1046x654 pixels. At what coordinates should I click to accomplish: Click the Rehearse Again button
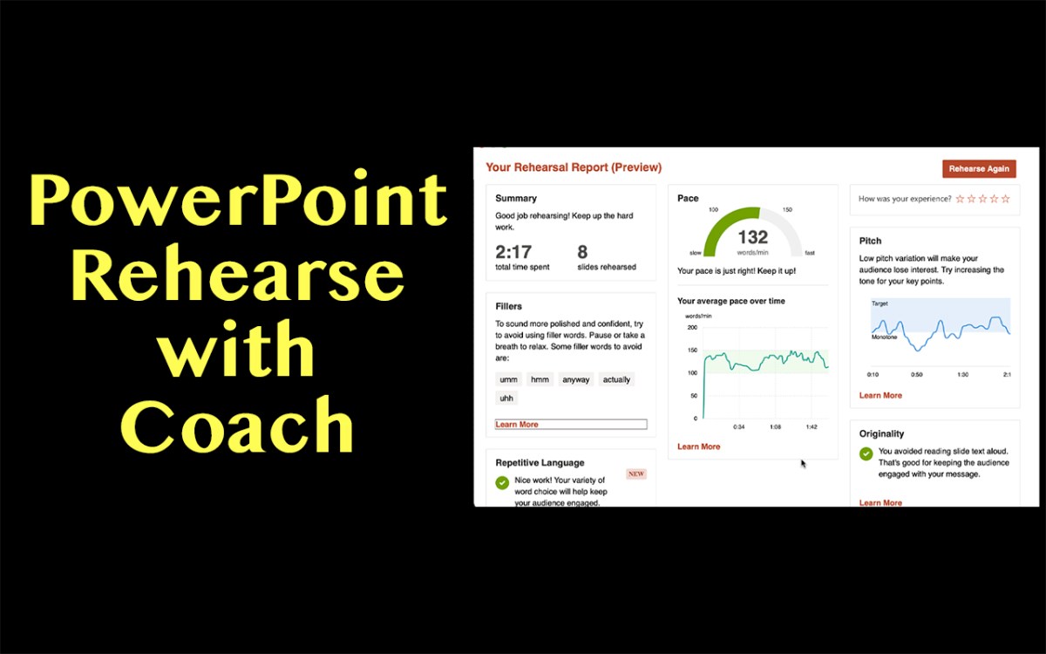pos(979,168)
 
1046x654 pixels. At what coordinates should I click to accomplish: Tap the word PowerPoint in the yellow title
pos(238,201)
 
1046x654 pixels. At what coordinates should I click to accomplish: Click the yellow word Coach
pos(237,425)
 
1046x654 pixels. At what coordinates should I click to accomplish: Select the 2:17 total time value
pos(513,252)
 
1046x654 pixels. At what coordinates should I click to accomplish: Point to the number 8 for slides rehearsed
pos(581,252)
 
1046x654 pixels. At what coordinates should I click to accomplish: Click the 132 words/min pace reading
pos(752,237)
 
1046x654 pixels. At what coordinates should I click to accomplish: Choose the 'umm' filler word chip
pos(508,379)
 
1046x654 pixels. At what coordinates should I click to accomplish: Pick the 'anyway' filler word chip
pos(575,379)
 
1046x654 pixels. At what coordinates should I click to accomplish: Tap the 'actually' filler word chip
pos(616,379)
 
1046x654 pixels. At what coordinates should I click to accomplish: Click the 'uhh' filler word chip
pos(506,398)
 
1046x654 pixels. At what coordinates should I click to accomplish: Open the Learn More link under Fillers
pos(517,425)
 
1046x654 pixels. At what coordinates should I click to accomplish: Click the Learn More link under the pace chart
pos(698,446)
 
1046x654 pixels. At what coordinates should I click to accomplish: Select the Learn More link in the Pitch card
pos(880,395)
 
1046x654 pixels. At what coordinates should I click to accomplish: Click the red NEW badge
pos(636,474)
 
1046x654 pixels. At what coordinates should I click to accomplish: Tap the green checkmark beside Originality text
pos(866,453)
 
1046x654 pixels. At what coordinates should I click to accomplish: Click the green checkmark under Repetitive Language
pos(502,483)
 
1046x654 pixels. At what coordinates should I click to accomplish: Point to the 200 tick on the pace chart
pos(692,328)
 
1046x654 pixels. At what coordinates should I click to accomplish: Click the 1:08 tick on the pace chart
pos(775,427)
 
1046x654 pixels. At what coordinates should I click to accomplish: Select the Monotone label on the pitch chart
pos(885,337)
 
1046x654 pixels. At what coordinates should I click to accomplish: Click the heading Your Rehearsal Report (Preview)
pos(574,167)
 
